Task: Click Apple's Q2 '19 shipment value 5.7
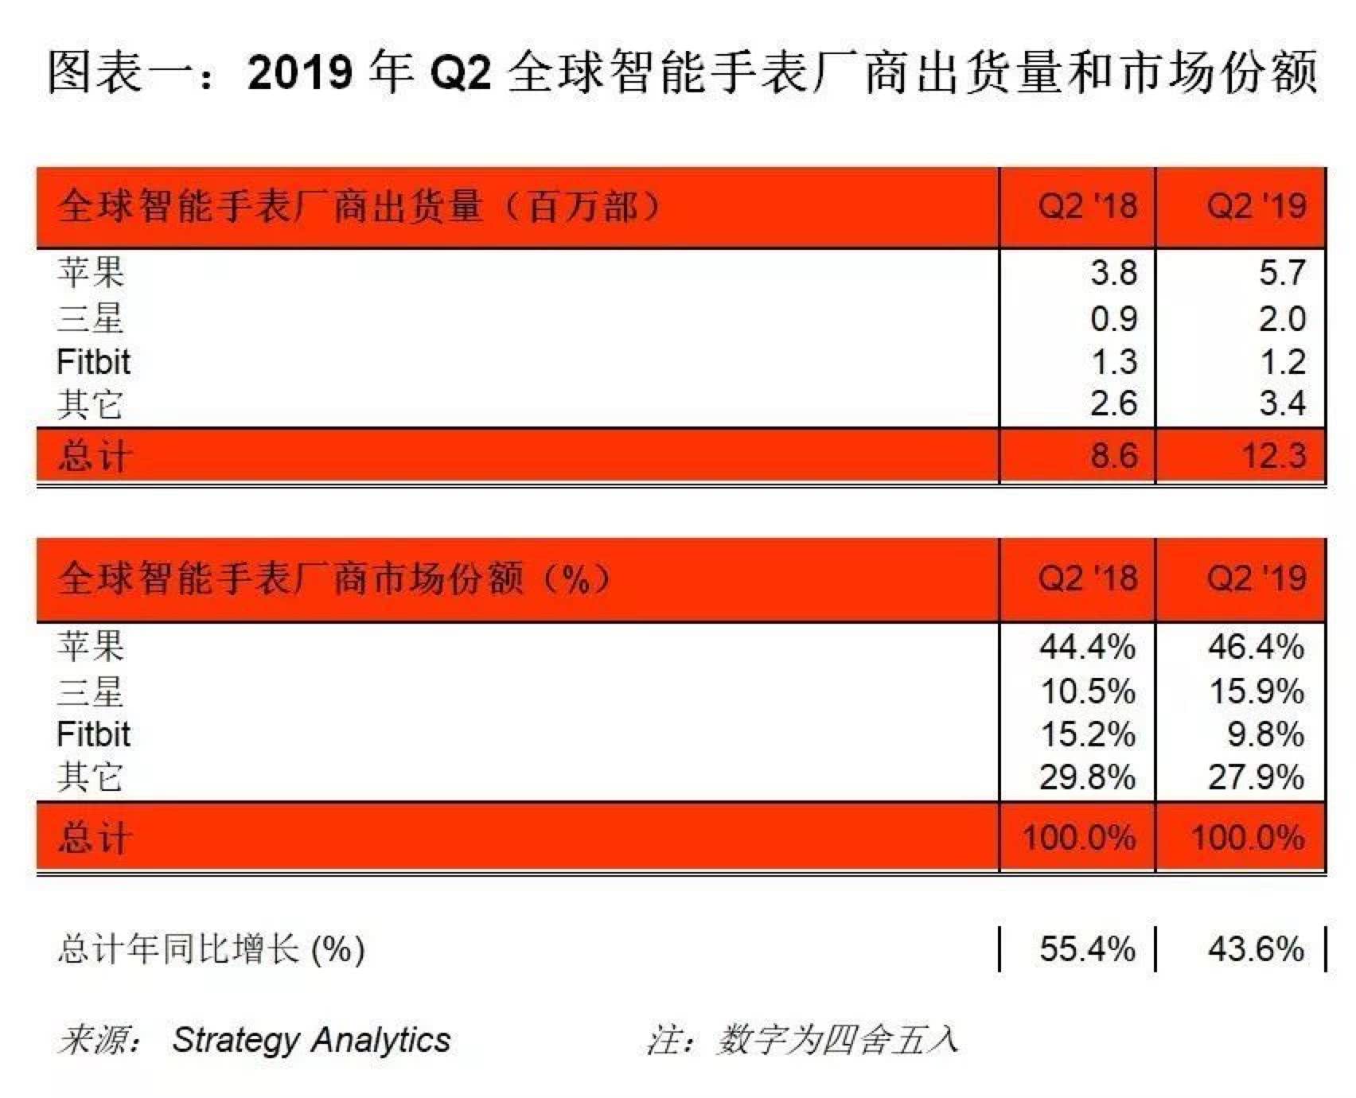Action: (x=1281, y=273)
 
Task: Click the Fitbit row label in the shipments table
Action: (x=93, y=363)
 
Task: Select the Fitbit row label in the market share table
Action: (x=93, y=734)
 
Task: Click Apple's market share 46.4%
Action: (x=1256, y=646)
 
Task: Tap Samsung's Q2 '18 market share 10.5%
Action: (x=1087, y=691)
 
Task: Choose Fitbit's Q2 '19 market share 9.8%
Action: (x=1264, y=734)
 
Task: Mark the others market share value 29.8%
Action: (x=1087, y=777)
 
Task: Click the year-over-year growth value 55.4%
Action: (x=1087, y=948)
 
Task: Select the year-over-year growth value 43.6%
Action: (x=1256, y=948)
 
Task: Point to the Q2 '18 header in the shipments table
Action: (x=1087, y=207)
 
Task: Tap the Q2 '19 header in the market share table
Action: (x=1256, y=578)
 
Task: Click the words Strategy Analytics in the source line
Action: (x=311, y=1040)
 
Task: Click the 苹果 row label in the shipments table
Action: (x=91, y=273)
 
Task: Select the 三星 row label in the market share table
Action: (x=91, y=691)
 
